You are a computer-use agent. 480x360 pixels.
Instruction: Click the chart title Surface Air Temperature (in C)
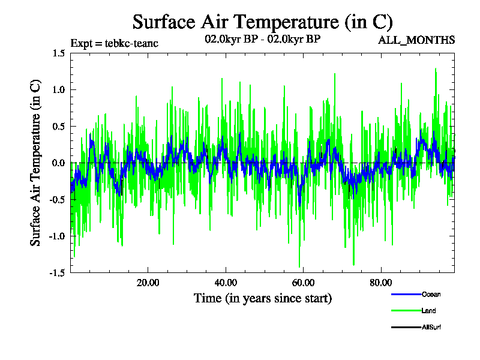pyautogui.click(x=263, y=22)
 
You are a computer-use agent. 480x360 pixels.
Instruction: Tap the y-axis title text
pyautogui.click(x=35, y=163)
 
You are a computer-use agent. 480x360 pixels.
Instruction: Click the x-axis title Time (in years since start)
pyautogui.click(x=263, y=298)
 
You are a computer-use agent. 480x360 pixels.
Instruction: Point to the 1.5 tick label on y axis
pyautogui.click(x=58, y=53)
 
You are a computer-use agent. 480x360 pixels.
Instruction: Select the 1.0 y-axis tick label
pyautogui.click(x=58, y=90)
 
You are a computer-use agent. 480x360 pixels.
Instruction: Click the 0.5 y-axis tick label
pyautogui.click(x=58, y=127)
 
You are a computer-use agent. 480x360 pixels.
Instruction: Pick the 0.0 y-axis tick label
pyautogui.click(x=58, y=163)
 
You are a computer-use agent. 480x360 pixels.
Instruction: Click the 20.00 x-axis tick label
pyautogui.click(x=148, y=283)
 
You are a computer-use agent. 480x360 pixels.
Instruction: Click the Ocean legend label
pyautogui.click(x=431, y=294)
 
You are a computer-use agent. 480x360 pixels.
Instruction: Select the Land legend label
pyautogui.click(x=429, y=311)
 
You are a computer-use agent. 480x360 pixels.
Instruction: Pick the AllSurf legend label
pyautogui.click(x=432, y=327)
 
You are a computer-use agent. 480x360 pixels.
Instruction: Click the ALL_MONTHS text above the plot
pyautogui.click(x=416, y=40)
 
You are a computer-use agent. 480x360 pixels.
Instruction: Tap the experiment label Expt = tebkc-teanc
pyautogui.click(x=114, y=43)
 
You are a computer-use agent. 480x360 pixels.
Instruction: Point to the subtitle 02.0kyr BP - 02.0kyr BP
pyautogui.click(x=263, y=40)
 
